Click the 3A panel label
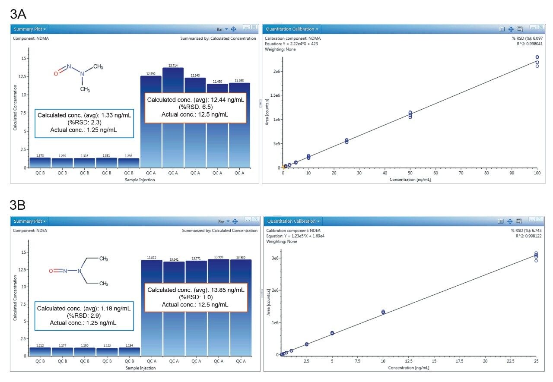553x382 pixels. (18, 14)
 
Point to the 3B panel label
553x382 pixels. (18, 205)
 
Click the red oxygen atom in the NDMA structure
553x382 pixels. (56, 74)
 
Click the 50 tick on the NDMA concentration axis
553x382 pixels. (410, 173)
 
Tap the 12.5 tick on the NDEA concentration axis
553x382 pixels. (409, 361)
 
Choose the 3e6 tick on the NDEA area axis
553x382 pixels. (275, 258)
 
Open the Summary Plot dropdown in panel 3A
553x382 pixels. (29, 29)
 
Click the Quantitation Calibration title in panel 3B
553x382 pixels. (292, 221)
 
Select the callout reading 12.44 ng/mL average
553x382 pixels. (195, 107)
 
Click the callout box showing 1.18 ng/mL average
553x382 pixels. (84, 316)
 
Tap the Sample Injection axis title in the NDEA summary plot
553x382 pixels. (140, 368)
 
